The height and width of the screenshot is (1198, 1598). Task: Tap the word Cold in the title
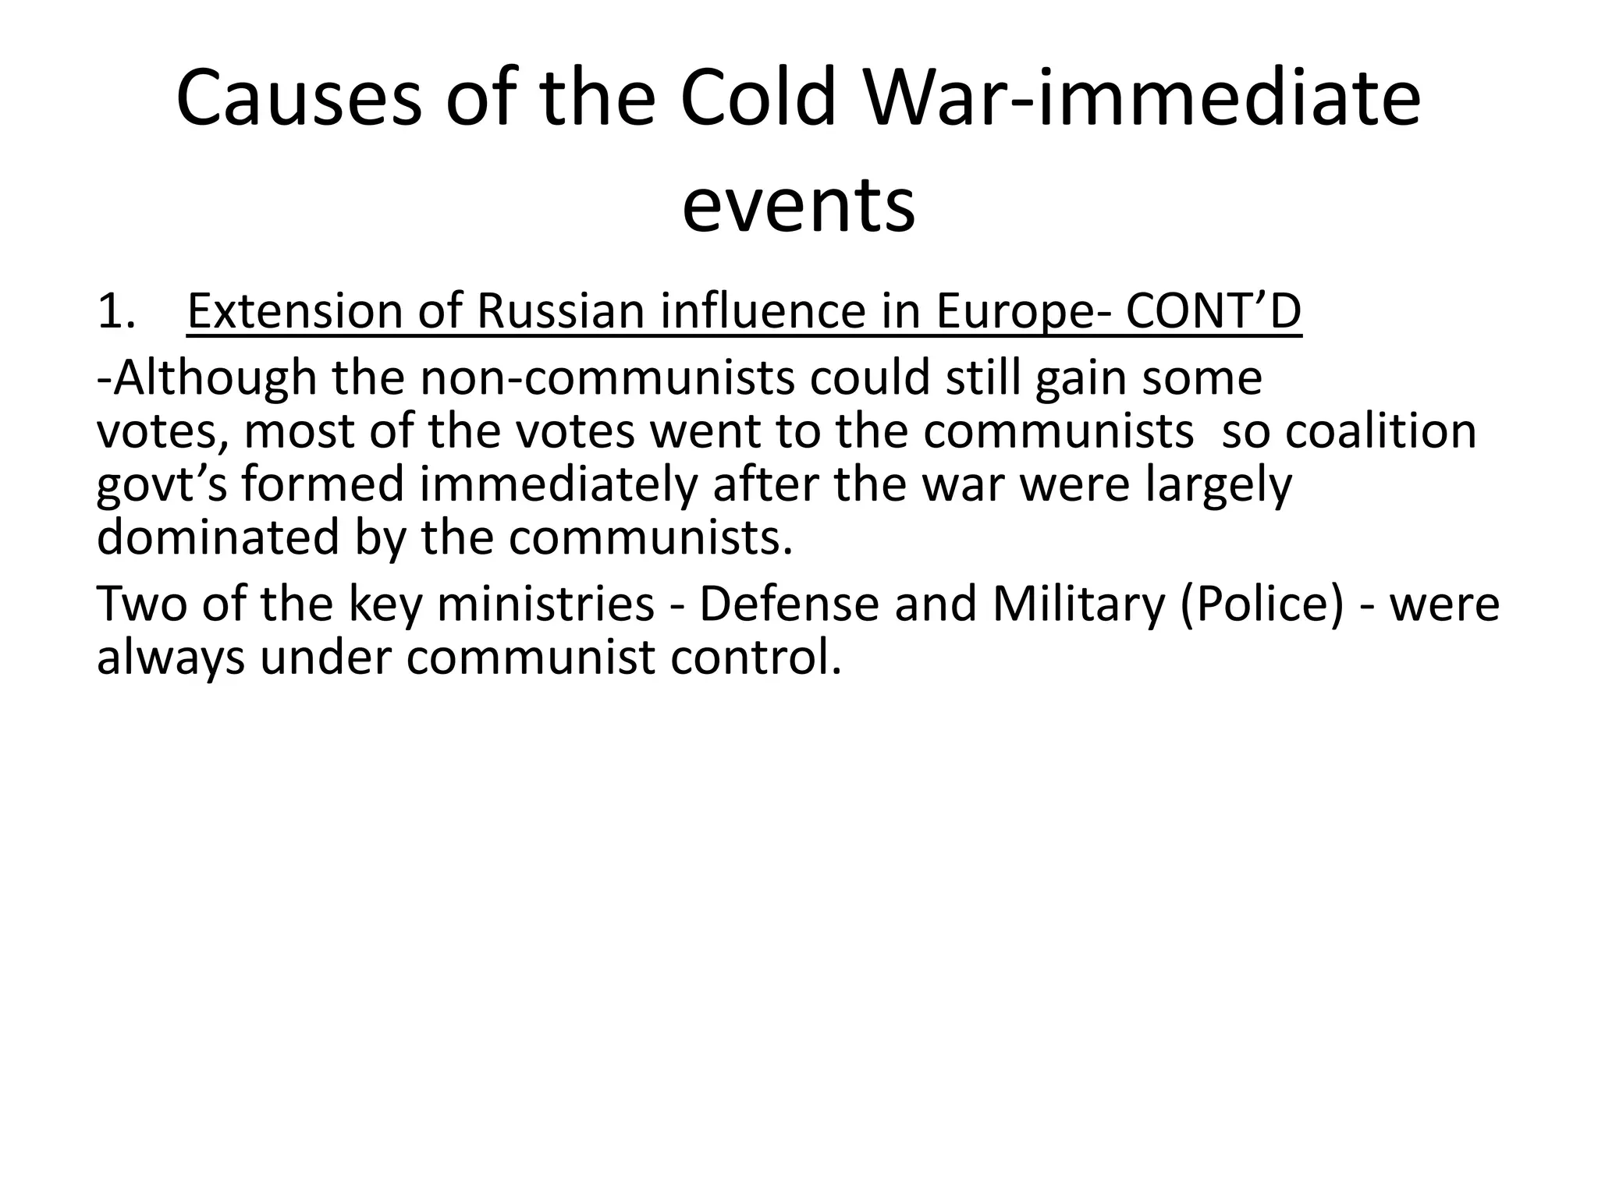pyautogui.click(x=758, y=99)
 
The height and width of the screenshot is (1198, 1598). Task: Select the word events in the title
pyautogui.click(x=798, y=204)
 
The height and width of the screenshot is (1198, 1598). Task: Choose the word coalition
pyautogui.click(x=1380, y=431)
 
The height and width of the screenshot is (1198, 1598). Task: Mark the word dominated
pyautogui.click(x=218, y=537)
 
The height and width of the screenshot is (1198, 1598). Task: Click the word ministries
pyautogui.click(x=545, y=604)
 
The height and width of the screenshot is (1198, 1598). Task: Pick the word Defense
pyautogui.click(x=789, y=604)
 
